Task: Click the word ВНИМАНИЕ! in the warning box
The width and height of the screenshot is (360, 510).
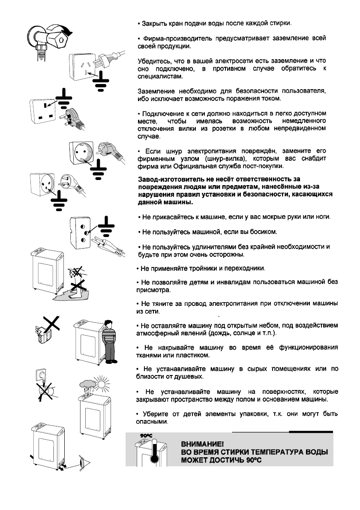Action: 202,444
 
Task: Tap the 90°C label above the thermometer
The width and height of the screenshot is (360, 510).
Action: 147,436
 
